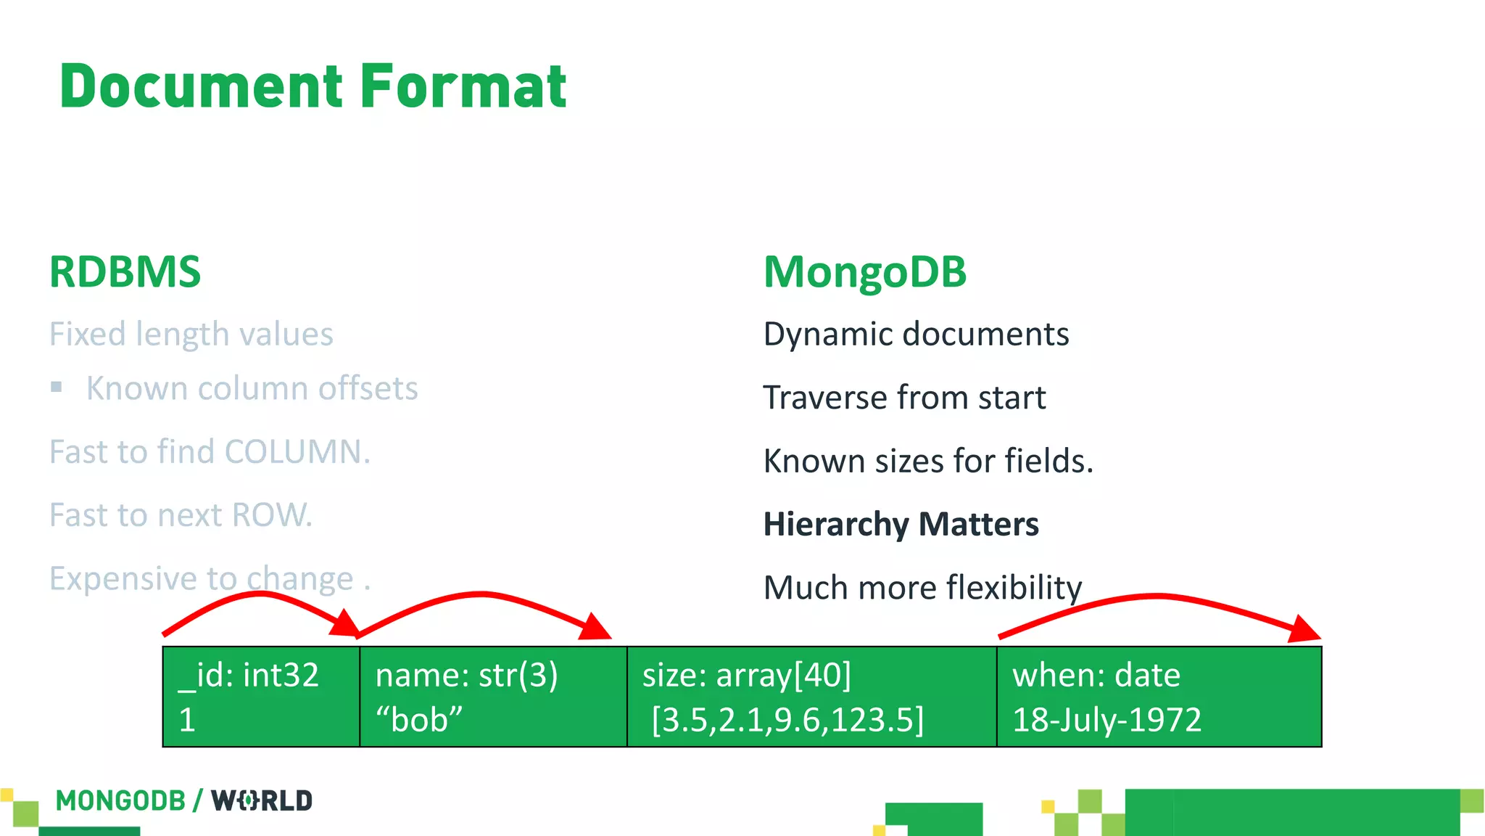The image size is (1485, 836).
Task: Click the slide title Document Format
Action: [313, 87]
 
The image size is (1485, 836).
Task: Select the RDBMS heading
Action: [125, 272]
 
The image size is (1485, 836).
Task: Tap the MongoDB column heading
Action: [865, 272]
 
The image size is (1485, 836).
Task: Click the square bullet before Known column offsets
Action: [57, 388]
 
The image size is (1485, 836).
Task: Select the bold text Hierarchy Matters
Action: [901, 524]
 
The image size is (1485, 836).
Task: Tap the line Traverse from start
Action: [904, 398]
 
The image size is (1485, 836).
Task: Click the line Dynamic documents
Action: [916, 335]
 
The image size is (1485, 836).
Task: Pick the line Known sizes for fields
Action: [928, 461]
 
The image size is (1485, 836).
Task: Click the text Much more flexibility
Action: [922, 587]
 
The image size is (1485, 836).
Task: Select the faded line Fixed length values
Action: [191, 335]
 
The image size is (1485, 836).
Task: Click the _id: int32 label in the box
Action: [249, 675]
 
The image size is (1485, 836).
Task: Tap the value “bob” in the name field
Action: [419, 720]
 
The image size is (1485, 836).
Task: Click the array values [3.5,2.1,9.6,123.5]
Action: [787, 720]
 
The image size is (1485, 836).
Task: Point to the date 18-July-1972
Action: [1106, 720]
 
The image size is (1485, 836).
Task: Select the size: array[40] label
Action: [747, 675]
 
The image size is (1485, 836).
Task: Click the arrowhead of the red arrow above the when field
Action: [1304, 629]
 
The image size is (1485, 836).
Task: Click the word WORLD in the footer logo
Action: [262, 801]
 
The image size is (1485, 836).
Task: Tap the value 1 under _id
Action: [187, 720]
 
